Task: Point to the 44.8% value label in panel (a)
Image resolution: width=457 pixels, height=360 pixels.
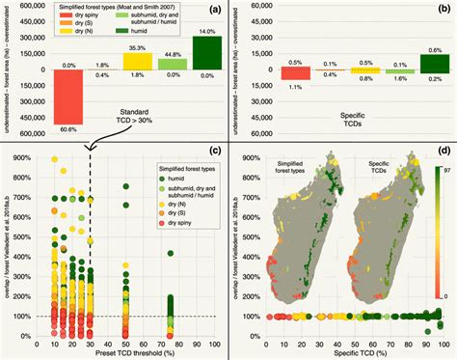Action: [x=174, y=54]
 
